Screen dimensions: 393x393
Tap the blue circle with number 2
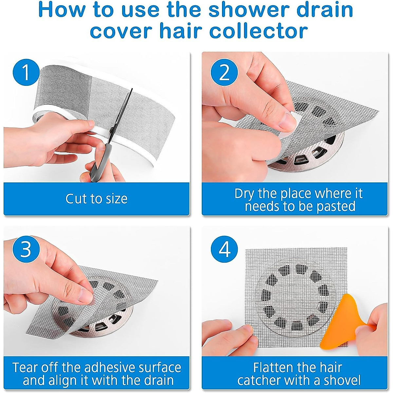click(224, 73)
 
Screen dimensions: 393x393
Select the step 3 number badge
click(26, 249)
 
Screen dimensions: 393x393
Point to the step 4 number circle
click(224, 249)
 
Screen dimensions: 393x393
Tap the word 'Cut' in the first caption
click(75, 198)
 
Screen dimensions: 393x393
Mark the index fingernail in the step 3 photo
click(86, 296)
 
